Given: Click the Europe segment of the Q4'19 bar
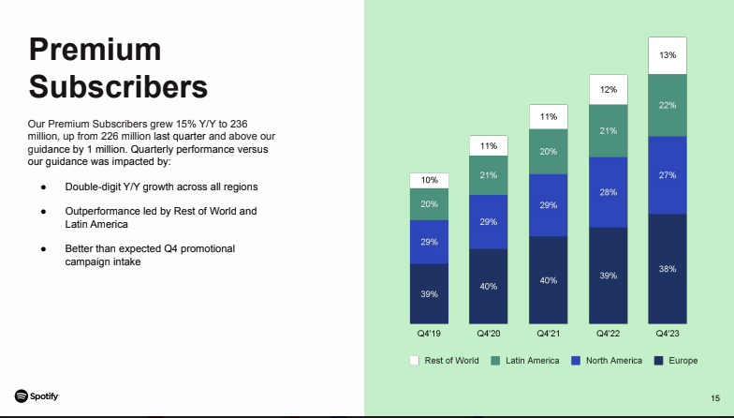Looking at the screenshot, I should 428,293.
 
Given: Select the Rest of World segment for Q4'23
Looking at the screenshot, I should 668,55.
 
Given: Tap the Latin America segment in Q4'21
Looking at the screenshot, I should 548,151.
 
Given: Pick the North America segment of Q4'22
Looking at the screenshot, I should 608,193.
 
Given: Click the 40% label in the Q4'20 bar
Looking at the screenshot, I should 488,286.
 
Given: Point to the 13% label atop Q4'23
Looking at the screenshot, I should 668,55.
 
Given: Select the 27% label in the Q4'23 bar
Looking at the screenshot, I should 668,175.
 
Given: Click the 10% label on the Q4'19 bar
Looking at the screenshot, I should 428,180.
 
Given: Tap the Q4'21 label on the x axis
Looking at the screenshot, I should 548,333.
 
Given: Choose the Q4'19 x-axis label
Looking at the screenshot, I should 428,333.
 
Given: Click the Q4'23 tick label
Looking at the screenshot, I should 668,333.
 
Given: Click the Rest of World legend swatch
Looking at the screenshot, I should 415,361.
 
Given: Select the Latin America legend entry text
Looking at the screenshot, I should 532,361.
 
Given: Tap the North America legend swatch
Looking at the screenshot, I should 576,361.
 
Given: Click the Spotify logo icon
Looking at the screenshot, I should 21,396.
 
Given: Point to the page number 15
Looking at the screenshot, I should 715,396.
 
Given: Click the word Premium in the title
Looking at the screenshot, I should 95,50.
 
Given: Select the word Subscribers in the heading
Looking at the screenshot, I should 118,87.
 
